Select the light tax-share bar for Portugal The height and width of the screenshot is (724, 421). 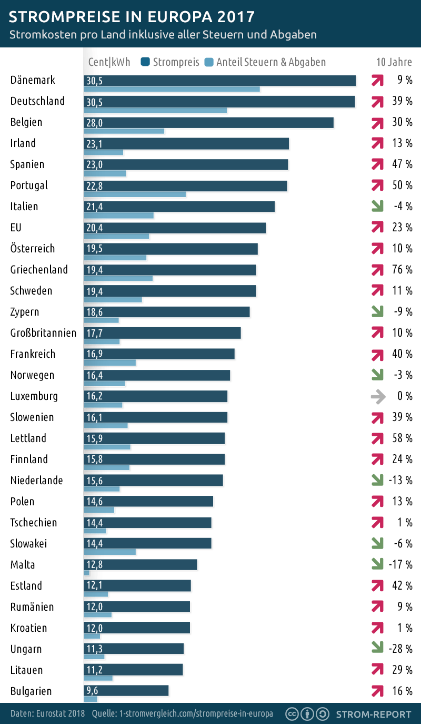[x=135, y=194]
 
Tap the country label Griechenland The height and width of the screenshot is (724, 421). [x=39, y=270]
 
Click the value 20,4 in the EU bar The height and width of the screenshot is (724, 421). [x=94, y=228]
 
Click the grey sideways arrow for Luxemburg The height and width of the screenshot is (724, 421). [x=377, y=396]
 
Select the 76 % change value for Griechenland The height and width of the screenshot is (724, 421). [x=402, y=270]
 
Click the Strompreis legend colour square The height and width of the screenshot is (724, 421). [x=146, y=62]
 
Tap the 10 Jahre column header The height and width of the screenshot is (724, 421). [x=394, y=62]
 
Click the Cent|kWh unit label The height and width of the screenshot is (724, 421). [x=109, y=62]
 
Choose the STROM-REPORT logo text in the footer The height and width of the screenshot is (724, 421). [x=374, y=714]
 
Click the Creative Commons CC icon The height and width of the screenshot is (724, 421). [x=292, y=714]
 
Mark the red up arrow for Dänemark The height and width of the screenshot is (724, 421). [x=377, y=80]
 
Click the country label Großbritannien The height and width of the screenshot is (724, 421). [x=43, y=333]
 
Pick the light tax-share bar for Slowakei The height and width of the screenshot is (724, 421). [x=109, y=552]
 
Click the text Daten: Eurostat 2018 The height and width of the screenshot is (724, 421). [x=48, y=714]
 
